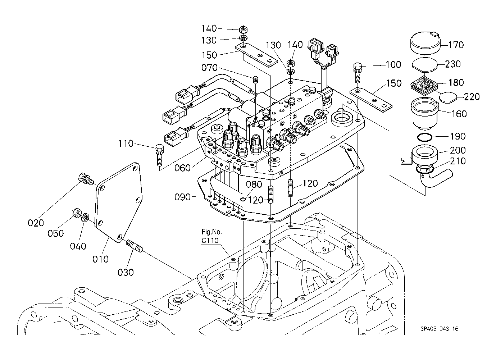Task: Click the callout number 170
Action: (456, 45)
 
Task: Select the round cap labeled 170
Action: (426, 44)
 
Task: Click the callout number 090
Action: (183, 197)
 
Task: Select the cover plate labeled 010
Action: (119, 201)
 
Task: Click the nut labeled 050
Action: (76, 213)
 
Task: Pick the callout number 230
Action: (452, 64)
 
